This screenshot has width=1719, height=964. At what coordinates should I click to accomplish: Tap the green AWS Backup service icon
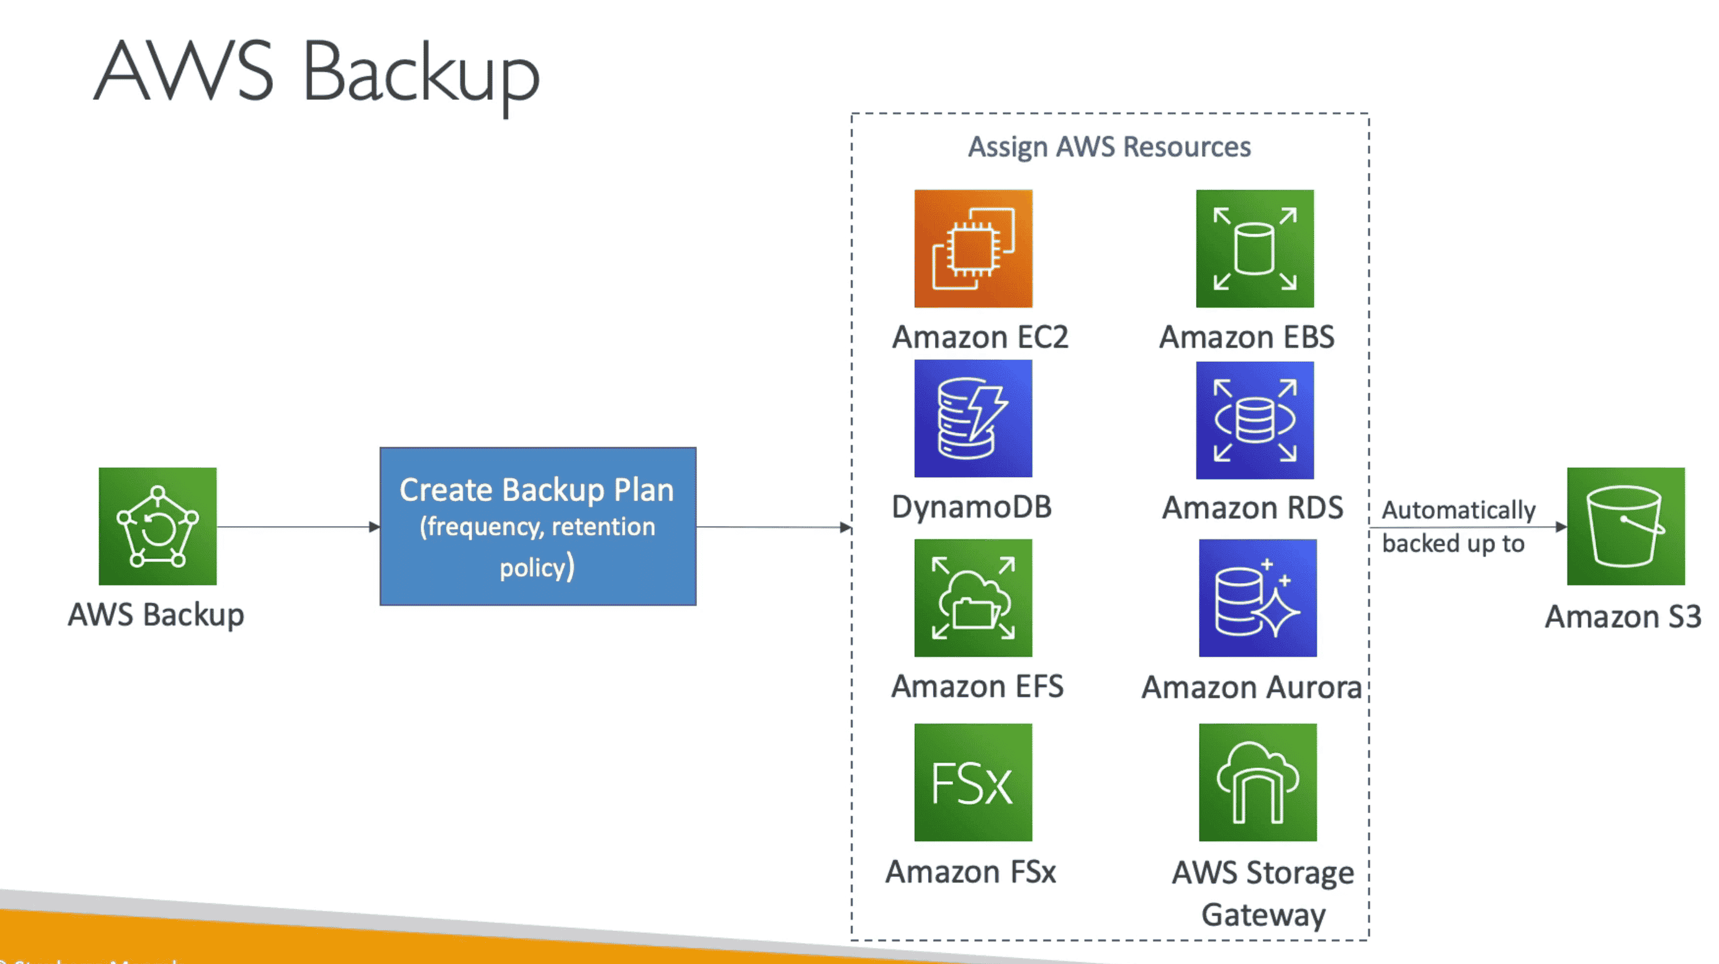[x=158, y=526]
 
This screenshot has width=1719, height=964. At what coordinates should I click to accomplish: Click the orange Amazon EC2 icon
[x=973, y=248]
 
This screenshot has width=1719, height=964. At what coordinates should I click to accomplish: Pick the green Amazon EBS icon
[x=1255, y=248]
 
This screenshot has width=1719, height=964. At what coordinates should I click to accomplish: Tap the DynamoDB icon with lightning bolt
[x=973, y=418]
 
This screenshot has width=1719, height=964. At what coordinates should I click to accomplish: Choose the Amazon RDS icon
[x=1255, y=419]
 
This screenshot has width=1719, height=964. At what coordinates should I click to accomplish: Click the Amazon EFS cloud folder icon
[x=973, y=598]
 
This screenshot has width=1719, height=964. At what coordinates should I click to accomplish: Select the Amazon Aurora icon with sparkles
[x=1257, y=598]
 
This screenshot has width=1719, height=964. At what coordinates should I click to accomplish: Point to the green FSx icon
[x=973, y=782]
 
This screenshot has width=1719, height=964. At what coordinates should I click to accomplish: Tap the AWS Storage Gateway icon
[x=1257, y=782]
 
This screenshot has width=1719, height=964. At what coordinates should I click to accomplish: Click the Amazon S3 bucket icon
[x=1626, y=526]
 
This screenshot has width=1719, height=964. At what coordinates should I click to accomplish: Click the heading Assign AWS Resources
[x=1109, y=147]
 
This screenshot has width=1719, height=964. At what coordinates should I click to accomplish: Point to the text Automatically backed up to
[x=1458, y=527]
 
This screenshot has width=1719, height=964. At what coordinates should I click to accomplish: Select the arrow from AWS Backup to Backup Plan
[x=298, y=527]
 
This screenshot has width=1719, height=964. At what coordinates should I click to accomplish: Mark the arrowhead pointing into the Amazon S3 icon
[x=1561, y=527]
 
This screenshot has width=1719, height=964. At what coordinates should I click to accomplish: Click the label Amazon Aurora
[x=1251, y=687]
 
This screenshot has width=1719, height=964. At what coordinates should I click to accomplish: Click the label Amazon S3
[x=1623, y=616]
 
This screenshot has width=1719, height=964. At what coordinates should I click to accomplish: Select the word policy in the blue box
[x=533, y=568]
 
